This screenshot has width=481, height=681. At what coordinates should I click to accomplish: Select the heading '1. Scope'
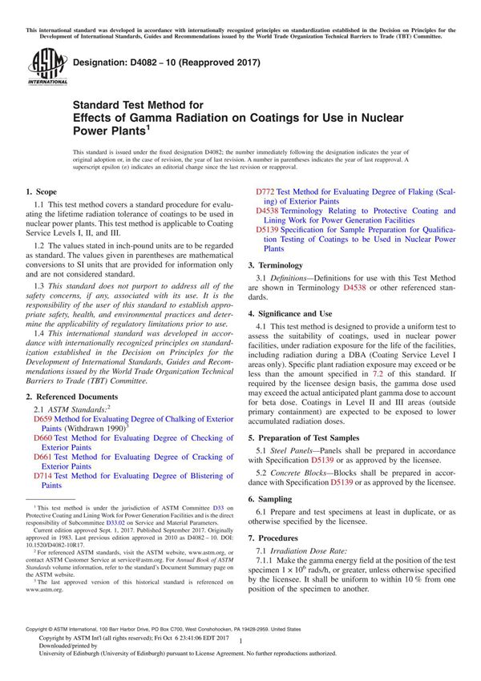(41, 192)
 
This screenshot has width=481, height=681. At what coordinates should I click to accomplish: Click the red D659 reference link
(41, 418)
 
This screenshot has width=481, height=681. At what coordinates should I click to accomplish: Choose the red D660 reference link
(41, 437)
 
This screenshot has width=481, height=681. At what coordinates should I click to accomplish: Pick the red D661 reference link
(41, 457)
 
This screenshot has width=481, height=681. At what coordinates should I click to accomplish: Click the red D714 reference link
(41, 475)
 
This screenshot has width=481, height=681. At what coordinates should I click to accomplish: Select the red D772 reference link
(265, 191)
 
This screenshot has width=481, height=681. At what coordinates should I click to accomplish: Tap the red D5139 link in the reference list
(268, 229)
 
